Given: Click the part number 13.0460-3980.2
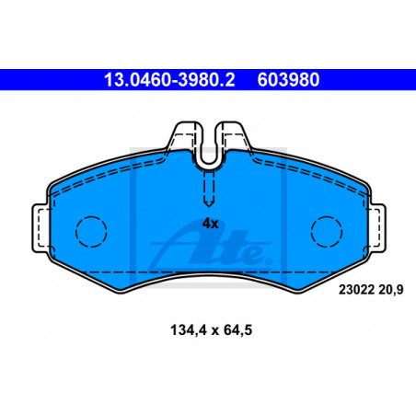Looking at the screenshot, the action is coord(169,80).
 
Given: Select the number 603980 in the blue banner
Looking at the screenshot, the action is coord(288,80).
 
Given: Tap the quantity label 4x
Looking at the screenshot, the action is coord(210,224).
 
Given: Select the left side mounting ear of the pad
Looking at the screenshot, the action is coord(40,228).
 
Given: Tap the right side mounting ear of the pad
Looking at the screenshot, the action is coord(376,228).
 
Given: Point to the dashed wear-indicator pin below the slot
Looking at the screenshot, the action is coord(209,188).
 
